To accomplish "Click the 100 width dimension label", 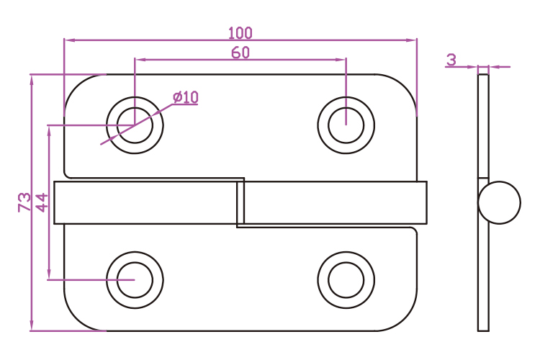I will pyautogui.click(x=240, y=32).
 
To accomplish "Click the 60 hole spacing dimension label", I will pyautogui.click(x=240, y=52).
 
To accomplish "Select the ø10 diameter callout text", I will pyautogui.click(x=185, y=97).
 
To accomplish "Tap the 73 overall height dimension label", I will pyautogui.click(x=24, y=202).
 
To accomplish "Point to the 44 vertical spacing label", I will pyautogui.click(x=41, y=202).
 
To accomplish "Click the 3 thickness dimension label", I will pyautogui.click(x=451, y=60).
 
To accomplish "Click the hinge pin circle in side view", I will pyautogui.click(x=500, y=202).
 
